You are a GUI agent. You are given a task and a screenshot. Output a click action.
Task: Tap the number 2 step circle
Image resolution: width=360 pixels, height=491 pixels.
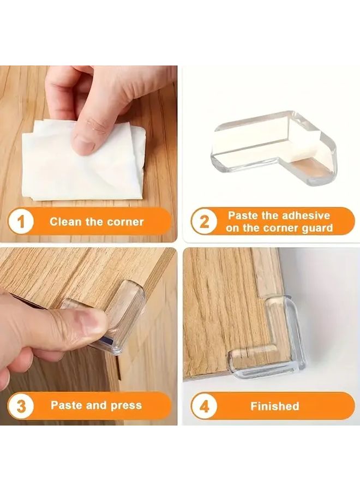(x=204, y=221)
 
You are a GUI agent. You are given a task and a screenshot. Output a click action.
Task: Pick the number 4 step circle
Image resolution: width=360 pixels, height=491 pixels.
(x=204, y=406)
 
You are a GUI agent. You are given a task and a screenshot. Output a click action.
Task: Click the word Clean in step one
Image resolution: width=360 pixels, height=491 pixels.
(x=65, y=222)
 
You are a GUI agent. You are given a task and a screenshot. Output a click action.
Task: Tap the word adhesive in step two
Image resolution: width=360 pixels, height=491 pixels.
(x=303, y=215)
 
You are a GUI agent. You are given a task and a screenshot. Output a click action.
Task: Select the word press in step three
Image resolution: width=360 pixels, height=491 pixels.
(x=123, y=405)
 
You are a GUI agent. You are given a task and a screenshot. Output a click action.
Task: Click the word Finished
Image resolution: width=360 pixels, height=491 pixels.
(x=274, y=406)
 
